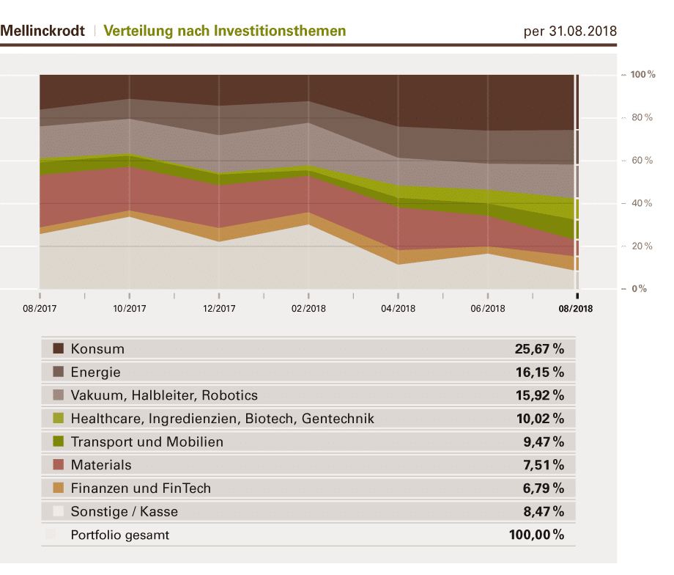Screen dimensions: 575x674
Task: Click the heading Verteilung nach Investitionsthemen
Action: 224,31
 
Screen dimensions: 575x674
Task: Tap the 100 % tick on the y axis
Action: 642,75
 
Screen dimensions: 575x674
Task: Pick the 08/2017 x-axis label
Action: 40,309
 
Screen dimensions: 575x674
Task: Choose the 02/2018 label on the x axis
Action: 308,309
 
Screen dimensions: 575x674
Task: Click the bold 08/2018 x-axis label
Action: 576,309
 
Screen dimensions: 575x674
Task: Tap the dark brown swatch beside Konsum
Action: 59,348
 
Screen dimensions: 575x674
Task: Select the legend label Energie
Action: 95,372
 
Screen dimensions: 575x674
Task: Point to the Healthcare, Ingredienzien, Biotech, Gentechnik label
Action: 222,419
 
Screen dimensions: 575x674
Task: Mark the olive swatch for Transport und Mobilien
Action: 59,442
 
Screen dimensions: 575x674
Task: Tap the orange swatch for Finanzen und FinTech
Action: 59,488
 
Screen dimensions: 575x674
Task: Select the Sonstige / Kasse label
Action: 124,511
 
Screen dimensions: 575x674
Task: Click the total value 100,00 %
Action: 536,535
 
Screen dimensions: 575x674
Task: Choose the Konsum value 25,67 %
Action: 540,348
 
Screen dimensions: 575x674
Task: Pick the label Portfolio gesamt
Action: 119,535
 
